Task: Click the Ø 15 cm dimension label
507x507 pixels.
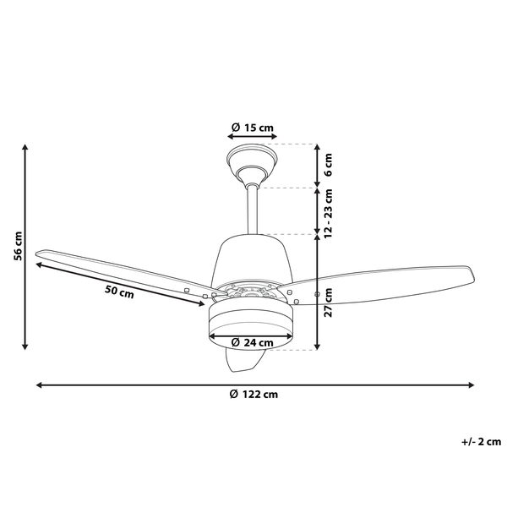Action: click(x=252, y=128)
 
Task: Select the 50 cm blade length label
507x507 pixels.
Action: click(x=118, y=293)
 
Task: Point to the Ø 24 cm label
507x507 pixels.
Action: click(x=253, y=342)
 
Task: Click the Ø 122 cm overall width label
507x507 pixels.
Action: click(x=253, y=395)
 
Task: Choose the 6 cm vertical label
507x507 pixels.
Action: click(x=329, y=165)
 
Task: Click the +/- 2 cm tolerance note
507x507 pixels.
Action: click(x=481, y=440)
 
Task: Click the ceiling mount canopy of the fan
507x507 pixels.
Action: click(x=252, y=161)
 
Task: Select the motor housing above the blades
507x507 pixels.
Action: click(x=251, y=258)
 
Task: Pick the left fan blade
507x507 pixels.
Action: click(x=118, y=266)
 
